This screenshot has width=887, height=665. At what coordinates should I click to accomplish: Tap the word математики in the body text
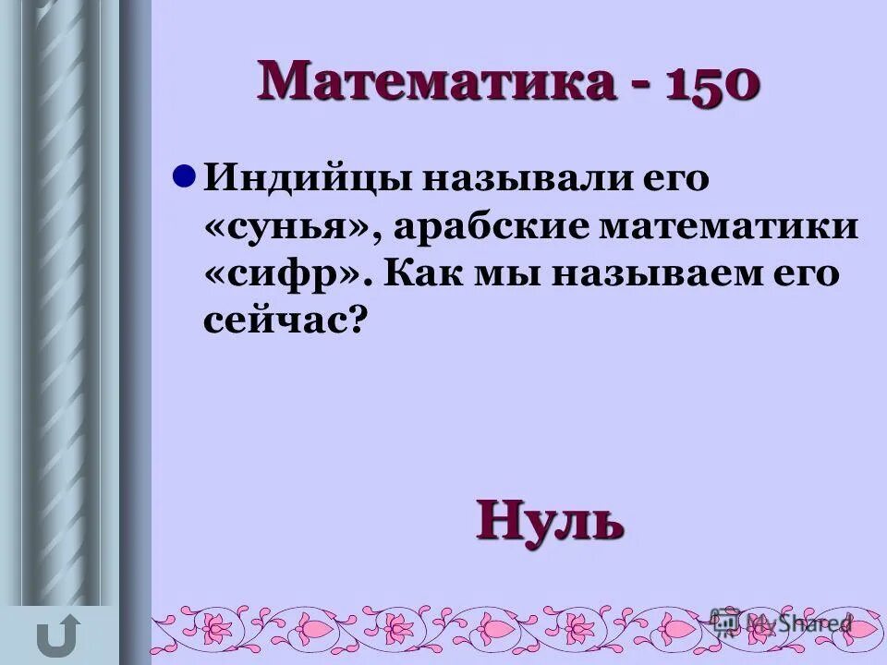pos(729,227)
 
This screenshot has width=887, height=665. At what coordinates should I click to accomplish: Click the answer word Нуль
pos(551,521)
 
